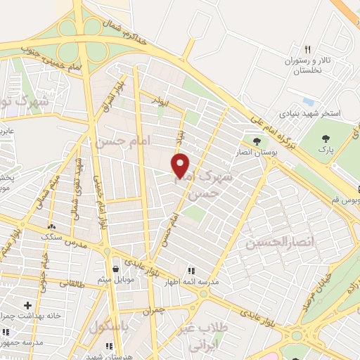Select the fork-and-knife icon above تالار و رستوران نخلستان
coord(307,49)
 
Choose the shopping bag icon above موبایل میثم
coord(116,269)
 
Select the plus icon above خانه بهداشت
coord(27,305)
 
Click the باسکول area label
coord(108,328)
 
